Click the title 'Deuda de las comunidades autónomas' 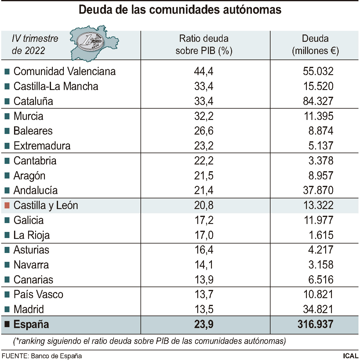tap(180, 10)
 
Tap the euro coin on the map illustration tap(89, 41)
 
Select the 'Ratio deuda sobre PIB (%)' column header tap(204, 45)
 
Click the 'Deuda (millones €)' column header tap(315, 45)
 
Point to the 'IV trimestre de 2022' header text tap(35, 45)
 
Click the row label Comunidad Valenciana tap(64, 71)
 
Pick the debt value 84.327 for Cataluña tap(318, 101)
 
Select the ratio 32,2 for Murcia tap(204, 116)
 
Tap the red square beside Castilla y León tap(7, 205)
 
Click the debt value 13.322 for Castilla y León tap(318, 205)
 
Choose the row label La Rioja tap(31, 235)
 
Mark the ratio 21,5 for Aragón tap(204, 176)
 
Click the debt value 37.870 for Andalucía tap(318, 190)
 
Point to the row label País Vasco tap(38, 294)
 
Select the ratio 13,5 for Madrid tap(204, 309)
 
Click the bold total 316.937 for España tap(315, 324)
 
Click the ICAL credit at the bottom tap(350, 356)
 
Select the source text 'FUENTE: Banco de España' tap(42, 356)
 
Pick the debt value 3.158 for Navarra tap(321, 265)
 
